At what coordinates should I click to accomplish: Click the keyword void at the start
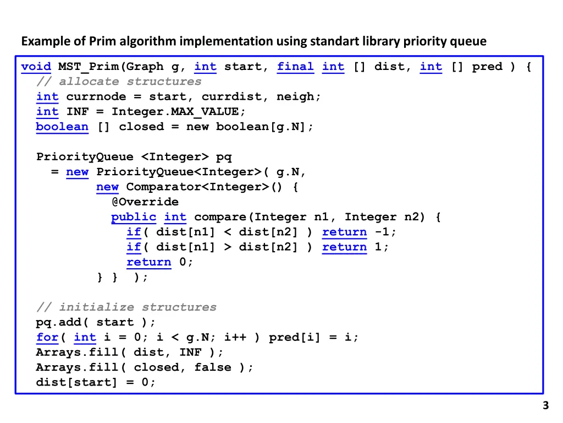coord(36,67)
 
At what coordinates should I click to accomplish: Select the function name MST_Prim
coord(88,67)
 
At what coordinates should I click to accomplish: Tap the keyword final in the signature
coord(295,67)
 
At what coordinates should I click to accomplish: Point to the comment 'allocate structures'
coord(130,82)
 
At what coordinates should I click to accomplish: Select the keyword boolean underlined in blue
coord(62,127)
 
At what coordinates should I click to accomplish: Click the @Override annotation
coord(145,202)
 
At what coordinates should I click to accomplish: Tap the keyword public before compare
coord(134,217)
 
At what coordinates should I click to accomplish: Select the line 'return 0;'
coord(159,262)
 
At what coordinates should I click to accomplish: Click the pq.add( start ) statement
coord(96,322)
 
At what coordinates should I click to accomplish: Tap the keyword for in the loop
coord(47,337)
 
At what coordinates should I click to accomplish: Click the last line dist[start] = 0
coord(96,382)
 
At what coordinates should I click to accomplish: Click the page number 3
coord(545,406)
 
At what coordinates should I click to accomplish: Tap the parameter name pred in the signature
coord(487,67)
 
